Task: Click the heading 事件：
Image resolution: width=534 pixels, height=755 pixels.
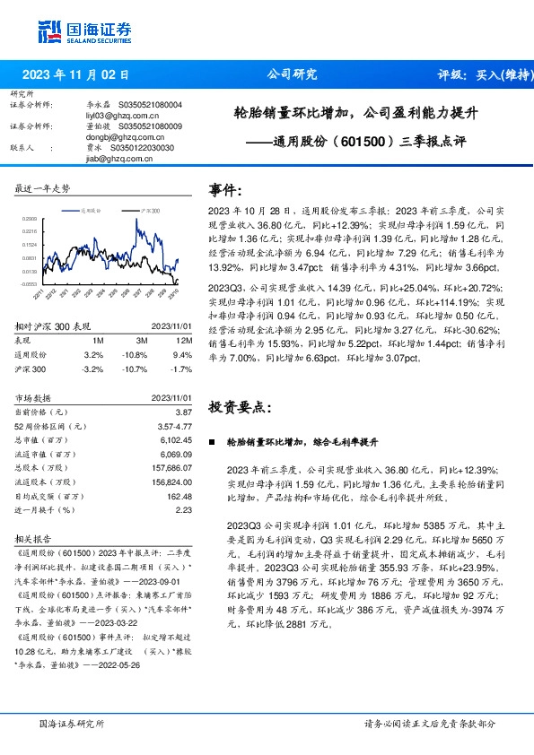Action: [x=224, y=190]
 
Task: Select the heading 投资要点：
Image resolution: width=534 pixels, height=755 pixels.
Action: [x=239, y=407]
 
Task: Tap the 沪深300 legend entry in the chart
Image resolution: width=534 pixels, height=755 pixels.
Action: [x=149, y=209]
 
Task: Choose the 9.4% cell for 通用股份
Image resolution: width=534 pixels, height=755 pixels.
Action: [x=181, y=354]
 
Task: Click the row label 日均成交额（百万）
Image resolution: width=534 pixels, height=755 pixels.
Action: [x=50, y=496]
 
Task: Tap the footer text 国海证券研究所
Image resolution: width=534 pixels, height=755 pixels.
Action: [x=71, y=724]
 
